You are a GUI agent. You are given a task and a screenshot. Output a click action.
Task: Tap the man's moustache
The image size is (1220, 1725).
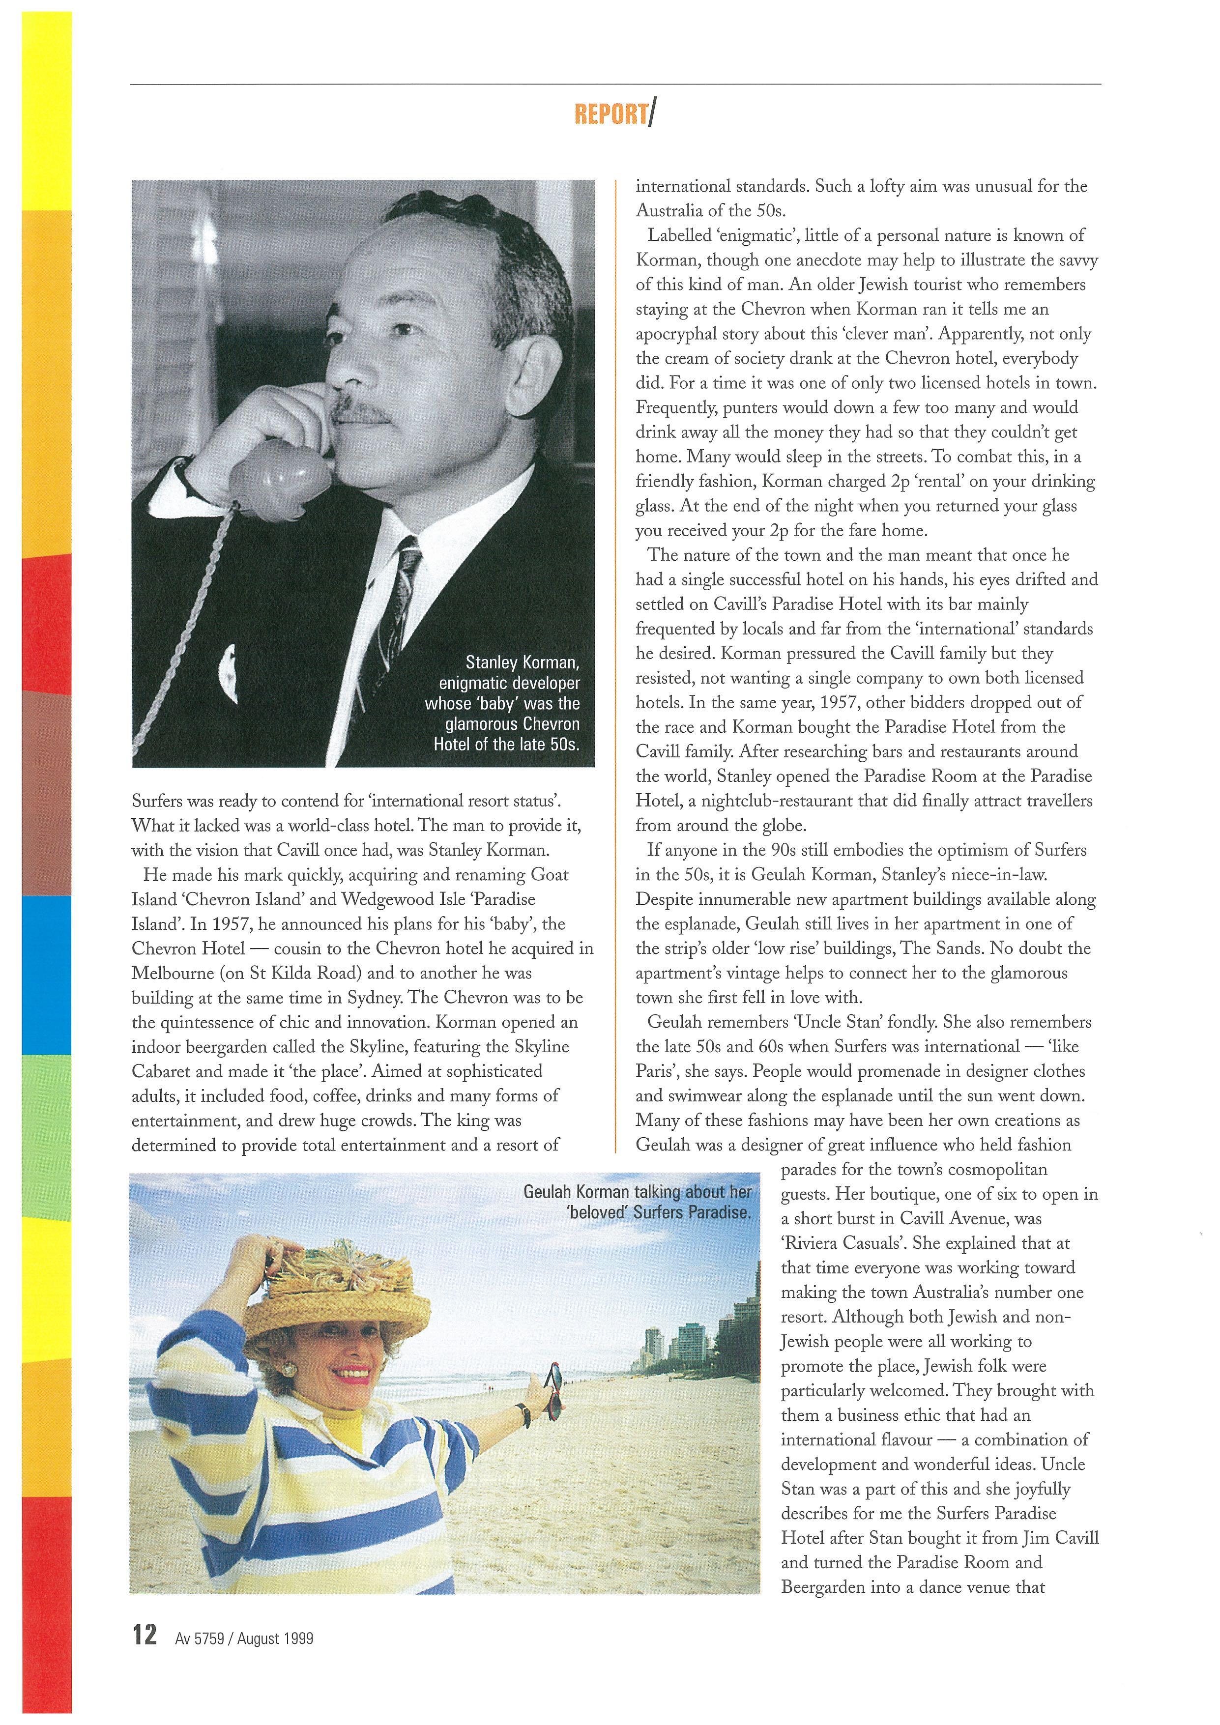361,409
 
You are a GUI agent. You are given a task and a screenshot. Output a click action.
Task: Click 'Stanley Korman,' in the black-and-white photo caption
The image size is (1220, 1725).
522,663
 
